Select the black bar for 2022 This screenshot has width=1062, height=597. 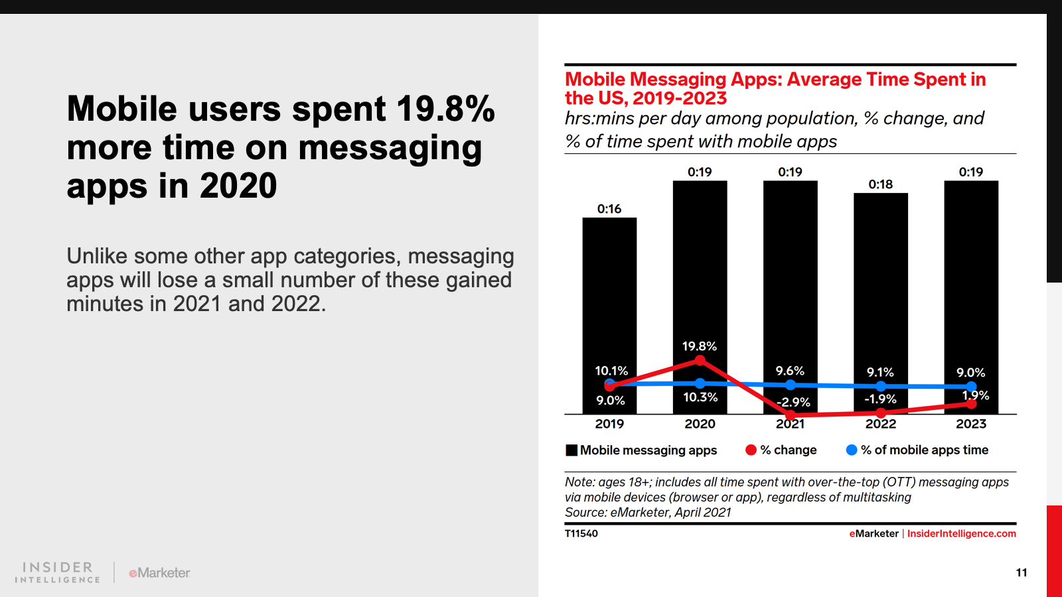click(x=880, y=285)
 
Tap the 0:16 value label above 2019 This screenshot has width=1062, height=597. click(x=609, y=209)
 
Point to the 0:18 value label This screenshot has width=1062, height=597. click(x=881, y=184)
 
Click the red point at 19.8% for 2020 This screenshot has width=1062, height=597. click(x=700, y=360)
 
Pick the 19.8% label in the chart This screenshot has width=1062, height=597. click(x=700, y=346)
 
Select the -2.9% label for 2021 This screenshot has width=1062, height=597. click(x=794, y=402)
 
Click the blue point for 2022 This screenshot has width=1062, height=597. click(x=881, y=386)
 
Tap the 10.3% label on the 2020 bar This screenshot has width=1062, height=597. click(x=700, y=397)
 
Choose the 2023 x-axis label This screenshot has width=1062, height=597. click(x=971, y=424)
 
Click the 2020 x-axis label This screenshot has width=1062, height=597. click(x=700, y=424)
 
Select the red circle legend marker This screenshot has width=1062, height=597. click(x=751, y=450)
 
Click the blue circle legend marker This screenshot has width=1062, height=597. click(x=852, y=450)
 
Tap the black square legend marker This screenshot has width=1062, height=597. click(x=571, y=450)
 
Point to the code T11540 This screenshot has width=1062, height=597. click(x=581, y=533)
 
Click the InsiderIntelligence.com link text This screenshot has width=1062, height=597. click(x=961, y=533)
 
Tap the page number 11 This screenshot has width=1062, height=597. click(x=1022, y=572)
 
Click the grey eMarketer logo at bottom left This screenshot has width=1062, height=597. click(x=159, y=572)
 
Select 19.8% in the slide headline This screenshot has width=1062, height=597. click(x=445, y=109)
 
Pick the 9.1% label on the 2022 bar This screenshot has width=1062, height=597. click(x=880, y=373)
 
